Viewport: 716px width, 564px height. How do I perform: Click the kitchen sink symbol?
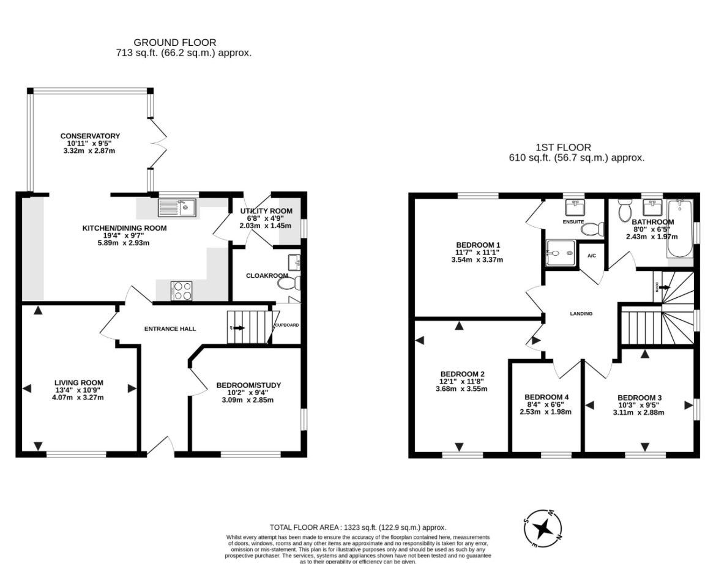click(176, 208)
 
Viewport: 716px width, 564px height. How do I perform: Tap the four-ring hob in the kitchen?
click(181, 290)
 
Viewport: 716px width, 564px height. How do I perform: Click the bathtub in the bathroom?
click(679, 229)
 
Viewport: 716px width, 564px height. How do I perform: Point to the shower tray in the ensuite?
click(560, 253)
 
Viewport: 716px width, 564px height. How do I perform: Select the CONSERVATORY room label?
click(90, 136)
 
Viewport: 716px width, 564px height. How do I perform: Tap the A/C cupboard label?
click(592, 256)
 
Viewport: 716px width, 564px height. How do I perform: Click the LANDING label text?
click(581, 314)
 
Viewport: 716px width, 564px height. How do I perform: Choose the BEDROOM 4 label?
click(546, 396)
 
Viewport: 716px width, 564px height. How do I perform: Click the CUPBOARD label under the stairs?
click(287, 325)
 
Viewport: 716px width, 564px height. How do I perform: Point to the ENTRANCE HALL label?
click(170, 329)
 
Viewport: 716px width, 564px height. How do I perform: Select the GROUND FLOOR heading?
click(174, 42)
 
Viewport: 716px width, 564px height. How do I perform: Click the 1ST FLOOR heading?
click(563, 147)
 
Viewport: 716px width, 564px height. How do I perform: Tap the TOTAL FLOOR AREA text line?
click(357, 527)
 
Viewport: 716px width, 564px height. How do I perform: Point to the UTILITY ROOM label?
click(266, 211)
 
